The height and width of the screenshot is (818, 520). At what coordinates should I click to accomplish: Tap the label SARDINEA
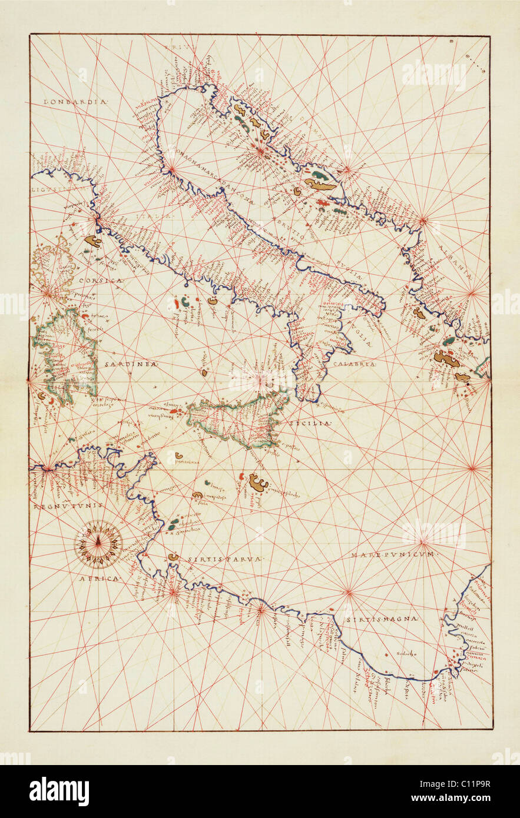pyautogui.click(x=131, y=364)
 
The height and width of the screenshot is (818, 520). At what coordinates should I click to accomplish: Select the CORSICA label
pyautogui.click(x=100, y=281)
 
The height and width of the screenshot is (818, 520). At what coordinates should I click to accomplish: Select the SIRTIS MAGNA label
pyautogui.click(x=390, y=619)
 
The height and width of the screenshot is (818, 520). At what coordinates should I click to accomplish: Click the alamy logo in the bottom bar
pyautogui.click(x=59, y=792)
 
